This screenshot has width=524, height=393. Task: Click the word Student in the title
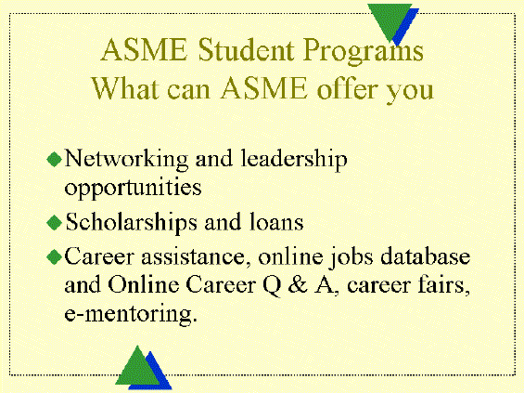(x=246, y=49)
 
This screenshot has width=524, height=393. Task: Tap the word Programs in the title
(x=364, y=52)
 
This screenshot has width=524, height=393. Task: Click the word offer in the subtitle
(x=346, y=88)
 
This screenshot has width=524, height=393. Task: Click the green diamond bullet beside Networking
(x=54, y=159)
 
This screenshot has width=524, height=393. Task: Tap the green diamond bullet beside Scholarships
(x=54, y=223)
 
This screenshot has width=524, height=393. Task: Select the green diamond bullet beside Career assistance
(x=54, y=257)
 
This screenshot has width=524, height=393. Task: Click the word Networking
(x=126, y=160)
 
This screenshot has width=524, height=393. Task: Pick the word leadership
(x=294, y=160)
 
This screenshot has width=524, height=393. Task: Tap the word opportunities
(x=133, y=188)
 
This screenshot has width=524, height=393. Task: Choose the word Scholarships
(x=131, y=223)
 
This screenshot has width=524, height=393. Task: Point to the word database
(x=426, y=256)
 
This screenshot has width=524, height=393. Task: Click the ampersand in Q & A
(x=298, y=285)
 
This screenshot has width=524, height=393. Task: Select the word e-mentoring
(x=131, y=314)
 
